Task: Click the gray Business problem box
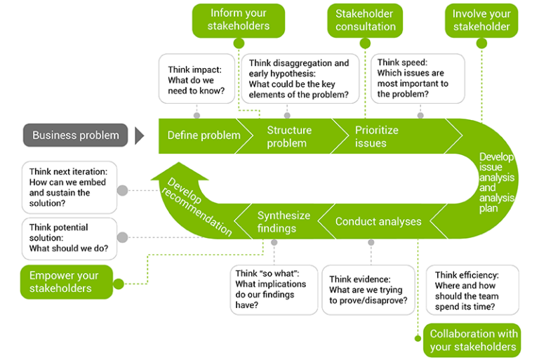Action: [x=76, y=135]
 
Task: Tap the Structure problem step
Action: [x=289, y=136]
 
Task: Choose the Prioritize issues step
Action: [x=376, y=136]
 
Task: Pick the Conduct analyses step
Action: [x=378, y=222]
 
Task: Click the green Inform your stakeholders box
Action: [x=238, y=20]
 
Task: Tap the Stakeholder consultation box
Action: [x=365, y=20]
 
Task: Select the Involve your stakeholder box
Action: [x=481, y=20]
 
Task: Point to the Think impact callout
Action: [x=197, y=79]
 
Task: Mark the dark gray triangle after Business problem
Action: [x=139, y=135]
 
